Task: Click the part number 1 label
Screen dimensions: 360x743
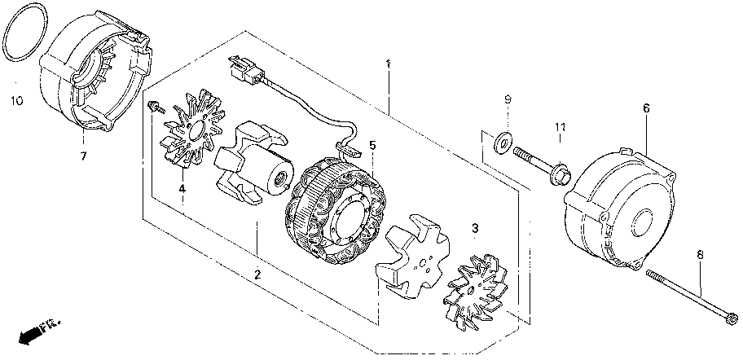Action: [x=389, y=64]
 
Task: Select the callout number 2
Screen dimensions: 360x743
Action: [x=257, y=275]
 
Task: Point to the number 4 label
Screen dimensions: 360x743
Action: [x=182, y=189]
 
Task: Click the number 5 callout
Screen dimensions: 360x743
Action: [x=371, y=146]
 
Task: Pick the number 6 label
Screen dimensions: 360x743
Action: [x=646, y=108]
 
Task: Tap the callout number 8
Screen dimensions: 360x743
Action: [x=699, y=256]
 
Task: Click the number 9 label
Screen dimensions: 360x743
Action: [x=507, y=99]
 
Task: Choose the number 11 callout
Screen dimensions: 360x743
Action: [x=561, y=127]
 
